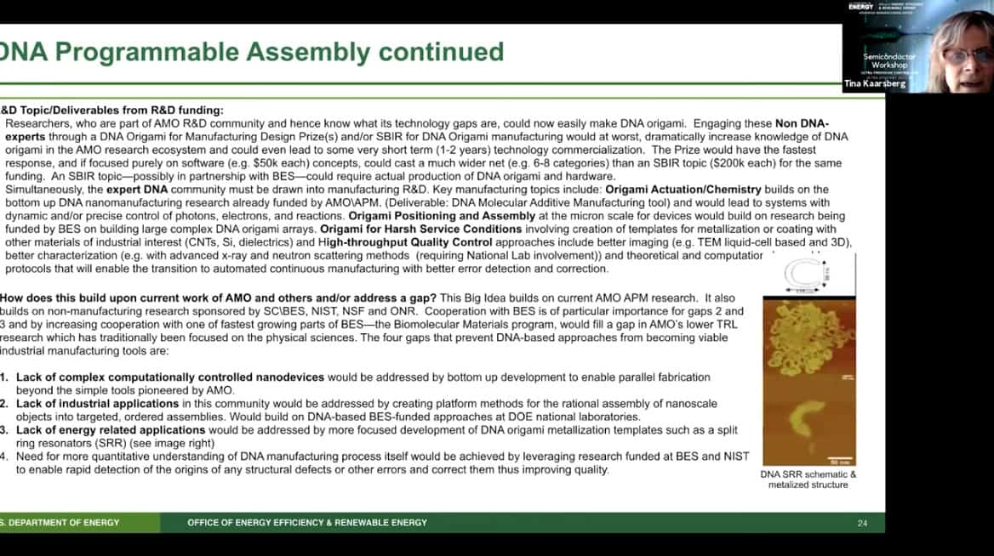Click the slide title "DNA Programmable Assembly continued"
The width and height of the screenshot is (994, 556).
coord(252,52)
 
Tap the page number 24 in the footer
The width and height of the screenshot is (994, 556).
coord(862,522)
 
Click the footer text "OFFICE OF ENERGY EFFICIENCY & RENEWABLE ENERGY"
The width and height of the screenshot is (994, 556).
coord(307,522)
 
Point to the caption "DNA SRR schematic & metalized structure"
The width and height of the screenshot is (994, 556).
coord(808,479)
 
